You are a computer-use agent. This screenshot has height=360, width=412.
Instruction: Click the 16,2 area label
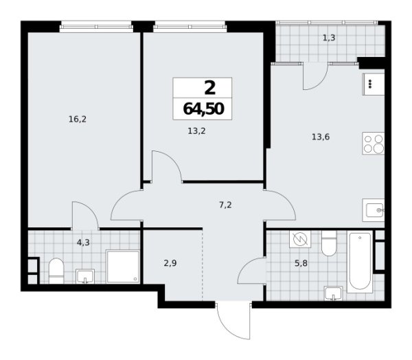click(76, 119)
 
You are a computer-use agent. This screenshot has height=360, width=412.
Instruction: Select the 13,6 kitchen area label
click(320, 135)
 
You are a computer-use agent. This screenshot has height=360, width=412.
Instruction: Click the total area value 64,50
click(203, 108)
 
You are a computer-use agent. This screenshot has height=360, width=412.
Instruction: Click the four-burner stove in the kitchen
click(373, 144)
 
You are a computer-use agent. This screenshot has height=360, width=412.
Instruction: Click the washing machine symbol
click(299, 240)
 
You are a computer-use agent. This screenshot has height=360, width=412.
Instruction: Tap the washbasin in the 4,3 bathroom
click(84, 275)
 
